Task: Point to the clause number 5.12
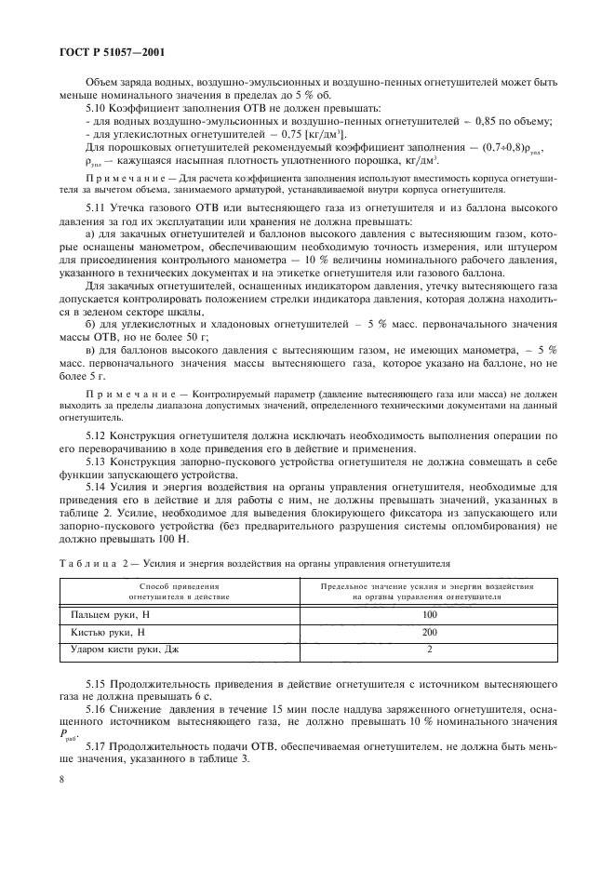[x=96, y=435]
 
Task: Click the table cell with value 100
[x=428, y=615]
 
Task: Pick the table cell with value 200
[x=428, y=632]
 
